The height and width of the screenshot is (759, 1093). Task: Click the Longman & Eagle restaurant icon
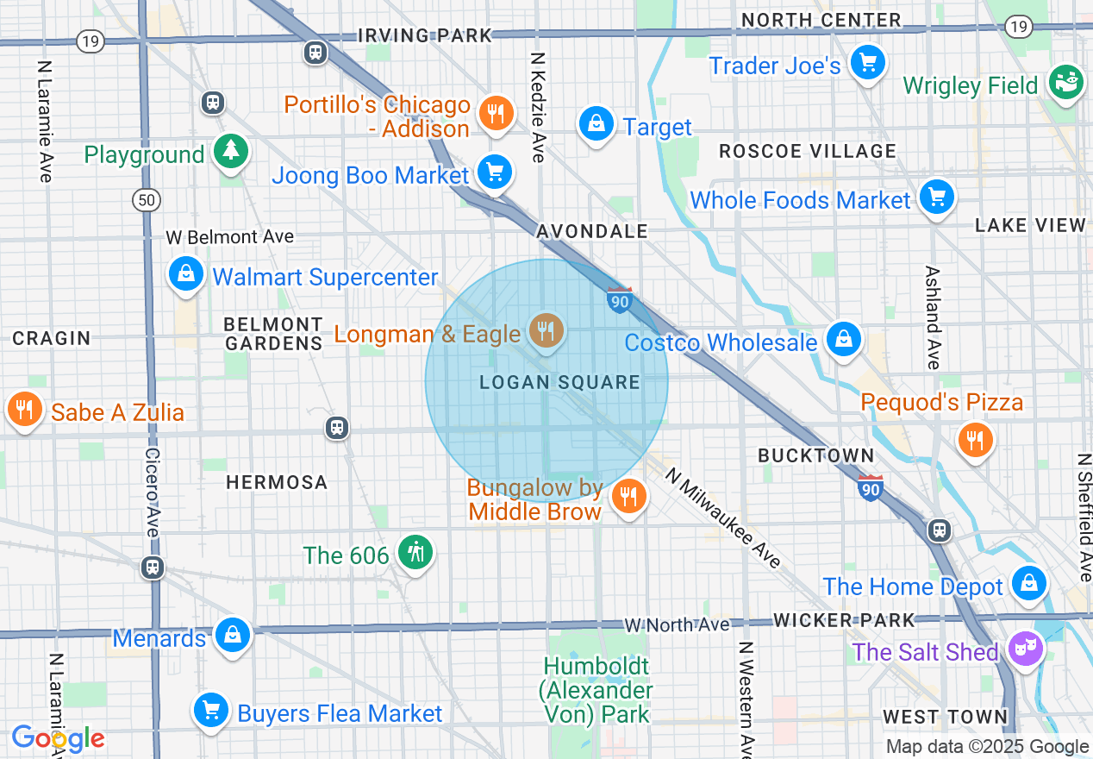coord(545,330)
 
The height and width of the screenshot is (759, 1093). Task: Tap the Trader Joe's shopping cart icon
coord(868,63)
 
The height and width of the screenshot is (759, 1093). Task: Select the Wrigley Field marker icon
coord(1066,83)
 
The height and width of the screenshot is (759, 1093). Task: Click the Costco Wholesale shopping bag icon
coord(843,340)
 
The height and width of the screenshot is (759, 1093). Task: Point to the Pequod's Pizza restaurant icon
coord(975,440)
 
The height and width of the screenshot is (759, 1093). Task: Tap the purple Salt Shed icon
coord(1026,649)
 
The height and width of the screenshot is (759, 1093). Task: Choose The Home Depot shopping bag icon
coord(1029,584)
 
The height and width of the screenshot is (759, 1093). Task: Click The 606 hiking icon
coord(415,552)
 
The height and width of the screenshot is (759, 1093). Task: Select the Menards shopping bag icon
coord(231,635)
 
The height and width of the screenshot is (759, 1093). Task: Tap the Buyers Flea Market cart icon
coord(210,711)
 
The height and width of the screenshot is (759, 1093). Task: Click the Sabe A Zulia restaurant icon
coord(25,409)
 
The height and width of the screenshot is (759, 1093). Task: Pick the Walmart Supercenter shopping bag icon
coord(185,274)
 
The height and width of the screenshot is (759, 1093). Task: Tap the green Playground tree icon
coord(230,152)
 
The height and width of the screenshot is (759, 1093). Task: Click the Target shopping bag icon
coord(596,124)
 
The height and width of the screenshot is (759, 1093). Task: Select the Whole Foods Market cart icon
coord(936,198)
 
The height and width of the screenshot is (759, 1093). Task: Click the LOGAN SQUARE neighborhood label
coord(559,382)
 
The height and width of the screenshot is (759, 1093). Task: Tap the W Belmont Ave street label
coord(229,236)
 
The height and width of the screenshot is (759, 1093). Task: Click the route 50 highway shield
coord(147,200)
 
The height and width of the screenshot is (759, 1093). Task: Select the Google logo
coord(58,738)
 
